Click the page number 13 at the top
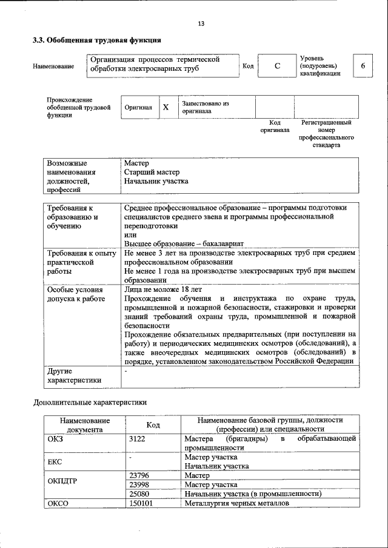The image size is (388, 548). point(201,24)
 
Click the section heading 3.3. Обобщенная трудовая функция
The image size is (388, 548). point(96,41)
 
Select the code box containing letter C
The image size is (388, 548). point(276,66)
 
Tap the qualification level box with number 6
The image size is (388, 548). point(363,66)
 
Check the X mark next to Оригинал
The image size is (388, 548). point(166,107)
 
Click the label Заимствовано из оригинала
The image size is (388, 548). point(204,107)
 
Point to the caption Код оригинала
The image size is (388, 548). point(275,126)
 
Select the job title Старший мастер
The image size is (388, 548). point(152,172)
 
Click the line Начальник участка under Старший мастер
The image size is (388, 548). point(156,181)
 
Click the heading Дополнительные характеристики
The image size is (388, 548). point(90,402)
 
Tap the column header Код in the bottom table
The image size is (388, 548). point(153,425)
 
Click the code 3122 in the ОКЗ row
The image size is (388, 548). point(137,438)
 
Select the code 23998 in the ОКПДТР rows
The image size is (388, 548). point(139,484)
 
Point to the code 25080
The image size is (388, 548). point(139,494)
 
